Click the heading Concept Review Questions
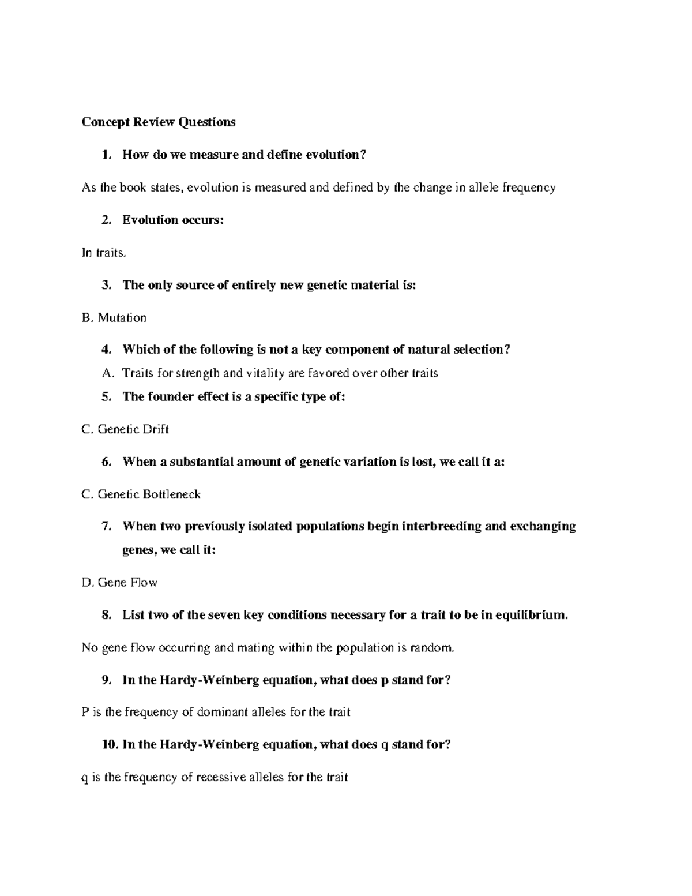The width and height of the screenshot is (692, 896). pos(159,122)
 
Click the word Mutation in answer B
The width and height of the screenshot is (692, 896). pos(122,318)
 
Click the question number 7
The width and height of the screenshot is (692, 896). pos(106,526)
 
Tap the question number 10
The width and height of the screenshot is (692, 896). pos(109,745)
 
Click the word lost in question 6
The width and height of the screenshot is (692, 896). pos(422,462)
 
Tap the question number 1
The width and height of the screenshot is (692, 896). pos(104,155)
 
